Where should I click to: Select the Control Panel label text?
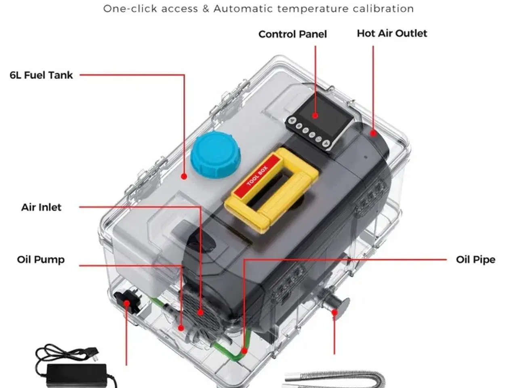292,34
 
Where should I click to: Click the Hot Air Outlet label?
391,34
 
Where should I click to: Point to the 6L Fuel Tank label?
41,75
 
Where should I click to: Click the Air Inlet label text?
41,207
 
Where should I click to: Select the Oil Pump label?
41,259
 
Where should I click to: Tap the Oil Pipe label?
475,259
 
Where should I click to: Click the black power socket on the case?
125,302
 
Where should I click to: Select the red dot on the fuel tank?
184,177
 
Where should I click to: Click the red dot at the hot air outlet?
374,133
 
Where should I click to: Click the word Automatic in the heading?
238,8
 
